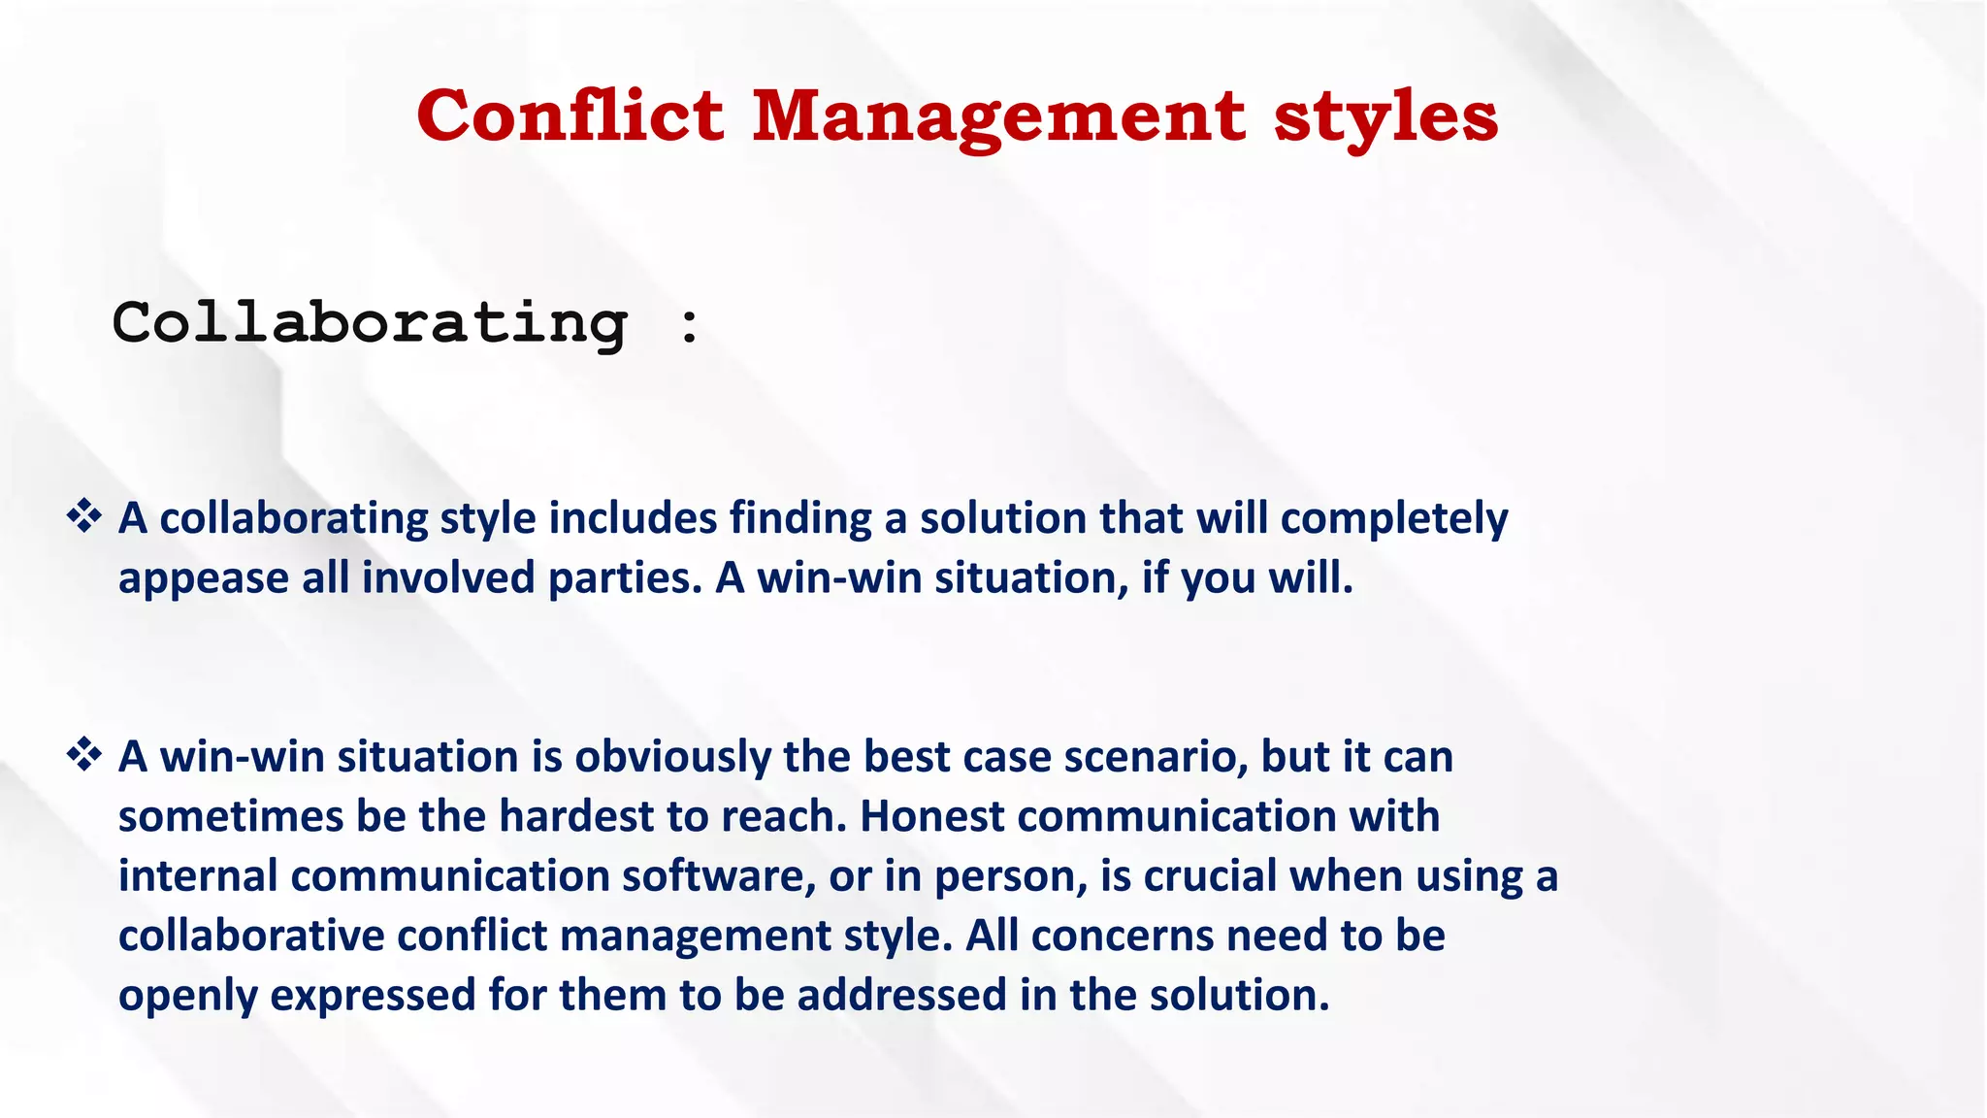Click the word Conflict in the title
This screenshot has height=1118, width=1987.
570,116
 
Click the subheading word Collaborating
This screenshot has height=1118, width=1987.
370,323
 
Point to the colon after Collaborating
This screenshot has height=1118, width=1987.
689,325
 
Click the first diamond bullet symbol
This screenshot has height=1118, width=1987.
84,515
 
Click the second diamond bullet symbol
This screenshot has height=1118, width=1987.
84,754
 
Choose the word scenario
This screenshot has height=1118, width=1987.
1156,757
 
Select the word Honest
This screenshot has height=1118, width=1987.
931,816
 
